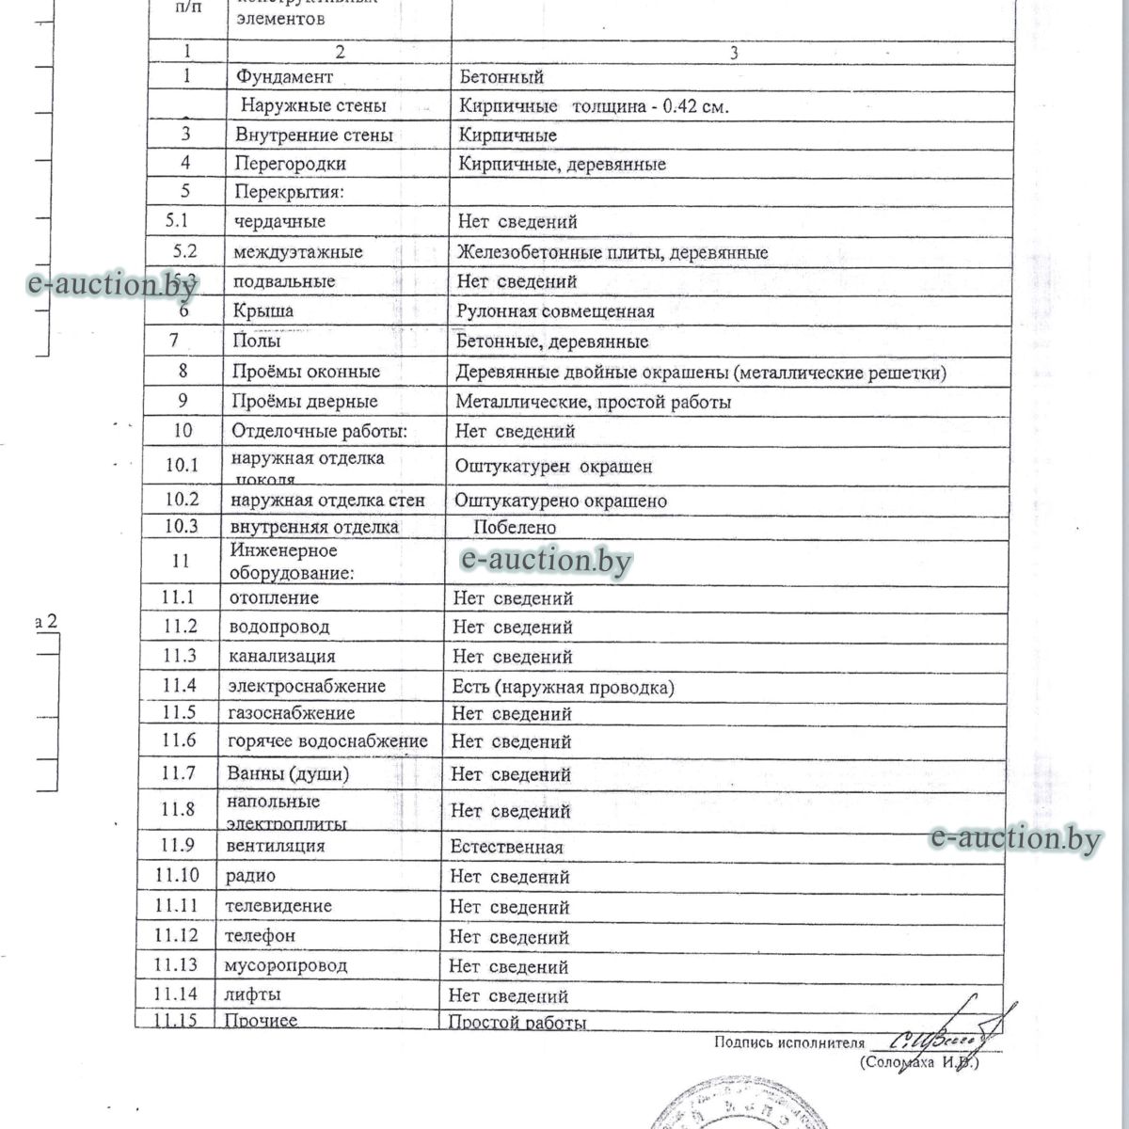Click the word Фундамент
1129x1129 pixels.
283,76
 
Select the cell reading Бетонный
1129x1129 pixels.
501,77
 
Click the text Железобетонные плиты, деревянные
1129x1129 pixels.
612,252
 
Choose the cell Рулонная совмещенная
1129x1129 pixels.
555,311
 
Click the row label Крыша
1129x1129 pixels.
262,310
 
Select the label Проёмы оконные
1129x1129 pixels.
306,372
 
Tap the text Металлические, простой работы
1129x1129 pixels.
594,402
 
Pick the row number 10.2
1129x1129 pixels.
181,500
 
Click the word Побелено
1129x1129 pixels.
515,528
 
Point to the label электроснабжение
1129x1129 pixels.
307,686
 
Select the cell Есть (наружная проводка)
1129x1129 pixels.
563,687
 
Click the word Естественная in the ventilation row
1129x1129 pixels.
506,847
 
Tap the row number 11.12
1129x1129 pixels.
177,935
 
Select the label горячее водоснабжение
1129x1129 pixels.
327,741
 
